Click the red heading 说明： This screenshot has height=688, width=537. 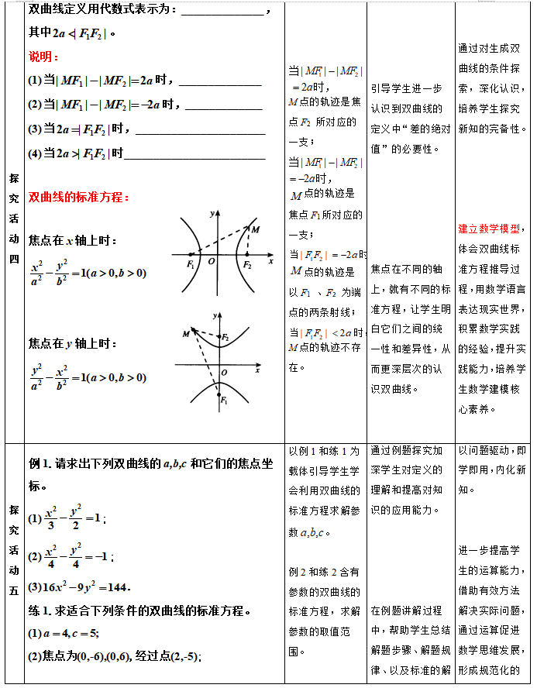(43, 57)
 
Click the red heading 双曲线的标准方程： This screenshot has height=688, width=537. (78, 198)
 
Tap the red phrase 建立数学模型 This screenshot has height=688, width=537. (488, 229)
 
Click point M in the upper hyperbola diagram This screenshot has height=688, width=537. (255, 229)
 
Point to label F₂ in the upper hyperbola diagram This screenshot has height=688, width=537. (247, 265)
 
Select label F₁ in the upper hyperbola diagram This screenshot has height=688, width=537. (191, 265)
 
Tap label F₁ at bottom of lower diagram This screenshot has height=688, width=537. (223, 401)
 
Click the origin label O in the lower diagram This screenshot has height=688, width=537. (224, 373)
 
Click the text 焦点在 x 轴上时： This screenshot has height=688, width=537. (73, 241)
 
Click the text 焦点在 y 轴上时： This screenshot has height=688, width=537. (73, 342)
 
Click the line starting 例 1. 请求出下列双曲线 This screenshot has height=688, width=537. (150, 463)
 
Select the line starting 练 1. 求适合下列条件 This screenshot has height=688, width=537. (139, 611)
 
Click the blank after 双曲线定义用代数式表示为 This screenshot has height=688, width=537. (224, 11)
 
